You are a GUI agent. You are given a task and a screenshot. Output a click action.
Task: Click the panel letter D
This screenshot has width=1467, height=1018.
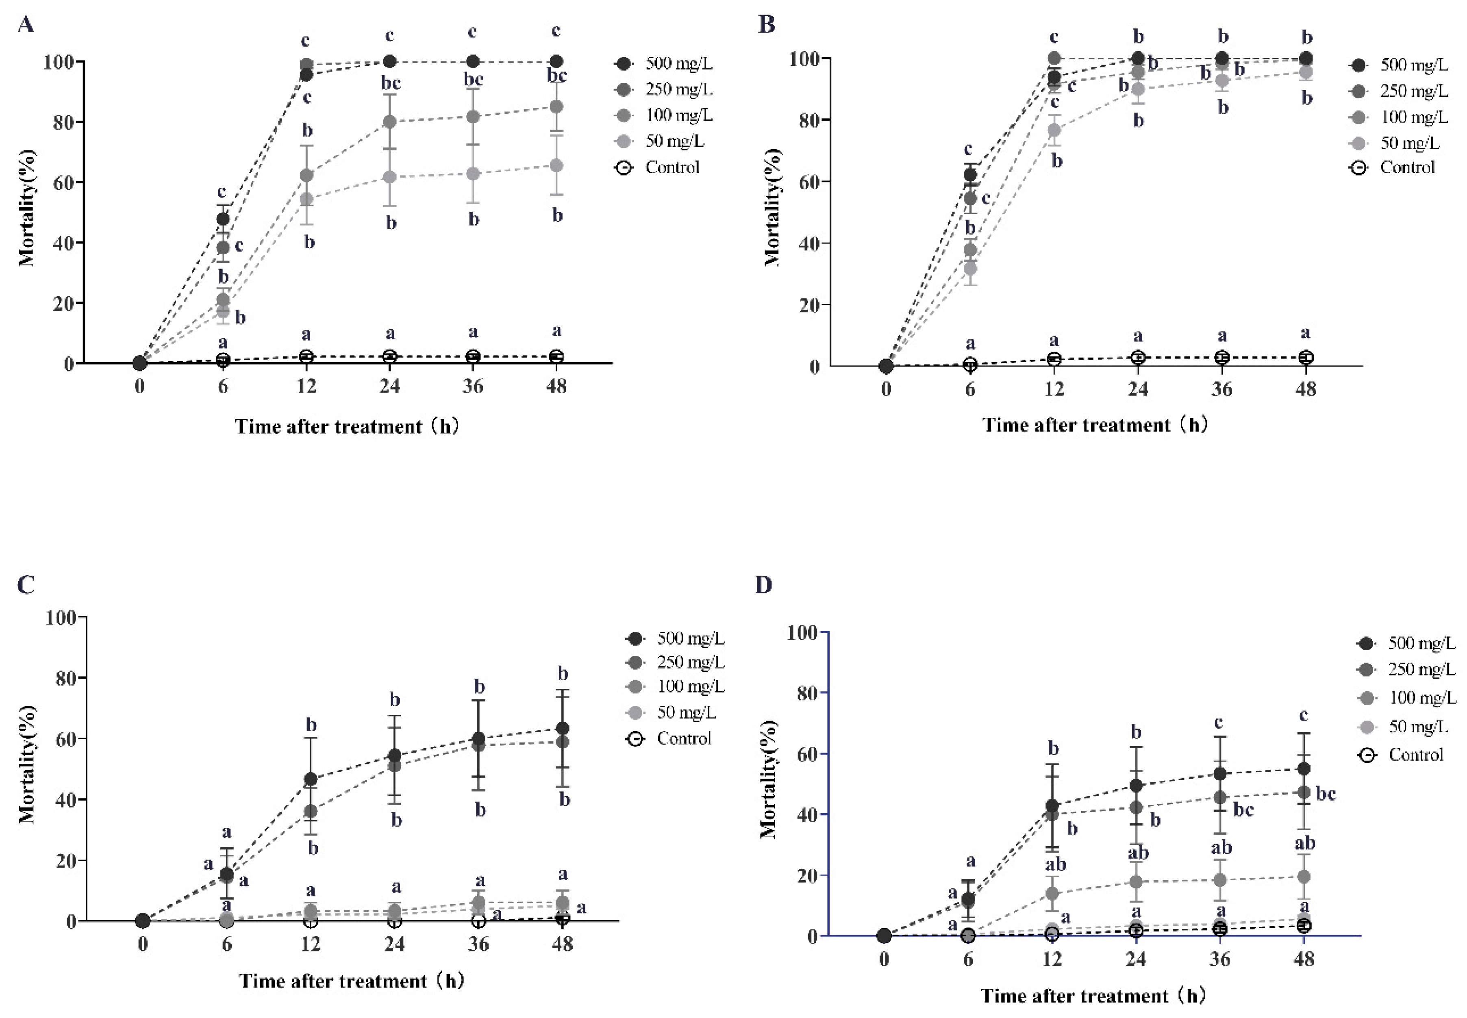763,584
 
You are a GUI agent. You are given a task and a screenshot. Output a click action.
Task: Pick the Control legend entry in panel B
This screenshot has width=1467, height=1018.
1406,168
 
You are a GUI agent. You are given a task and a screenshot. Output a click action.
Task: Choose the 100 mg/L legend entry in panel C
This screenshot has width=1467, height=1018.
690,686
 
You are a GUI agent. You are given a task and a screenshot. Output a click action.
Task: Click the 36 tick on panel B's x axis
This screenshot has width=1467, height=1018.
1221,389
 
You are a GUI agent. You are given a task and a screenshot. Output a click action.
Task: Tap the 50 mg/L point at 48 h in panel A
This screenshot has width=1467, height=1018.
556,166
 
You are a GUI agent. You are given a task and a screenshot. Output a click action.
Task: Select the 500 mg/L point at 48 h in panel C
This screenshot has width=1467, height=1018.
562,728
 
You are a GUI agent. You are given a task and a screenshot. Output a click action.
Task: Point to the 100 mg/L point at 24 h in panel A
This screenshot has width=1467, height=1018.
390,122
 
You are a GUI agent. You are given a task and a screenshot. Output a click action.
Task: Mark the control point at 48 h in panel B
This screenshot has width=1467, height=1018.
1306,358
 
